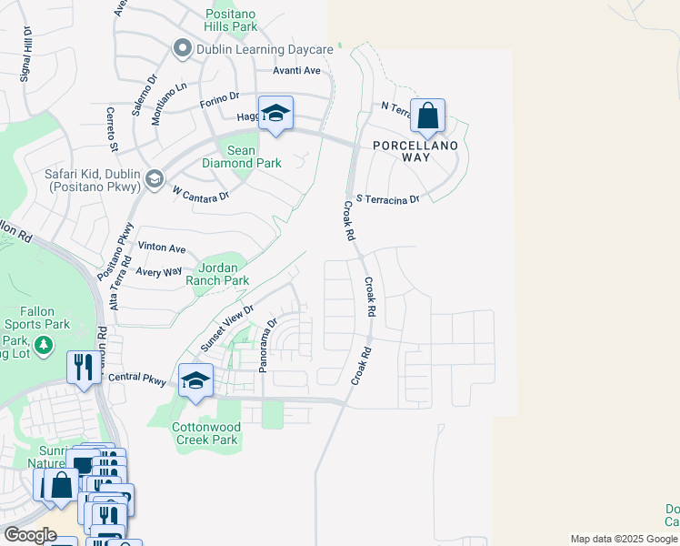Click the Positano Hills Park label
(232, 20)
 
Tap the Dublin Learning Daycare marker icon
(182, 49)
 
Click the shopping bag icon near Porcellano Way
(427, 116)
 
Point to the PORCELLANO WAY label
(420, 150)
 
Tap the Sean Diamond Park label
(254, 157)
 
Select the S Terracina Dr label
(388, 198)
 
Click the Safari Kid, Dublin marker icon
(154, 177)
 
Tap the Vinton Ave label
(161, 248)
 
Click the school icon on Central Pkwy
(195, 381)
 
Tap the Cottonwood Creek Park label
(206, 433)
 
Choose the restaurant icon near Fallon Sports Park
(84, 368)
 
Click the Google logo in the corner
(30, 535)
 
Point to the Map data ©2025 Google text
(624, 539)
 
